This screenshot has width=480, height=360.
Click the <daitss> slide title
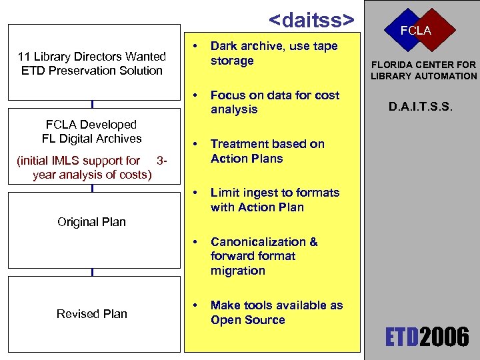311,19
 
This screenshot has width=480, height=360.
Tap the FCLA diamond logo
415,30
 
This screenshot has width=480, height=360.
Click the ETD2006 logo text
427,337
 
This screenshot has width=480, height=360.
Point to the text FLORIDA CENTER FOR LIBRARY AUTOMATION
424,70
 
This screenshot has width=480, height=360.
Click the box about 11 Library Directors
92,63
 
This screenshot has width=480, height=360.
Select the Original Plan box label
92,222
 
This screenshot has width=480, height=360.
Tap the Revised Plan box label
92,314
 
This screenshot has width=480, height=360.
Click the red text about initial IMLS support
92,167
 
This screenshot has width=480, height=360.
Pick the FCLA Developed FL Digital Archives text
92,131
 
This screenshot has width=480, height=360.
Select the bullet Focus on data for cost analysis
275,102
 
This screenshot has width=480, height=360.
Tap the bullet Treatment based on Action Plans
267,151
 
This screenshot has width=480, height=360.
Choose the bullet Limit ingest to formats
275,200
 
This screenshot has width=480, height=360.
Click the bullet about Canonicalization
264,256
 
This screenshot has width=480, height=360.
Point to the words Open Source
247,320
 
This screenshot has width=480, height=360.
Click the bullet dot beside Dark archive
194,47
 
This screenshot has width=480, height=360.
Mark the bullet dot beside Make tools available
194,305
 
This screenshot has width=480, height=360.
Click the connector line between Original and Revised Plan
92,272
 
